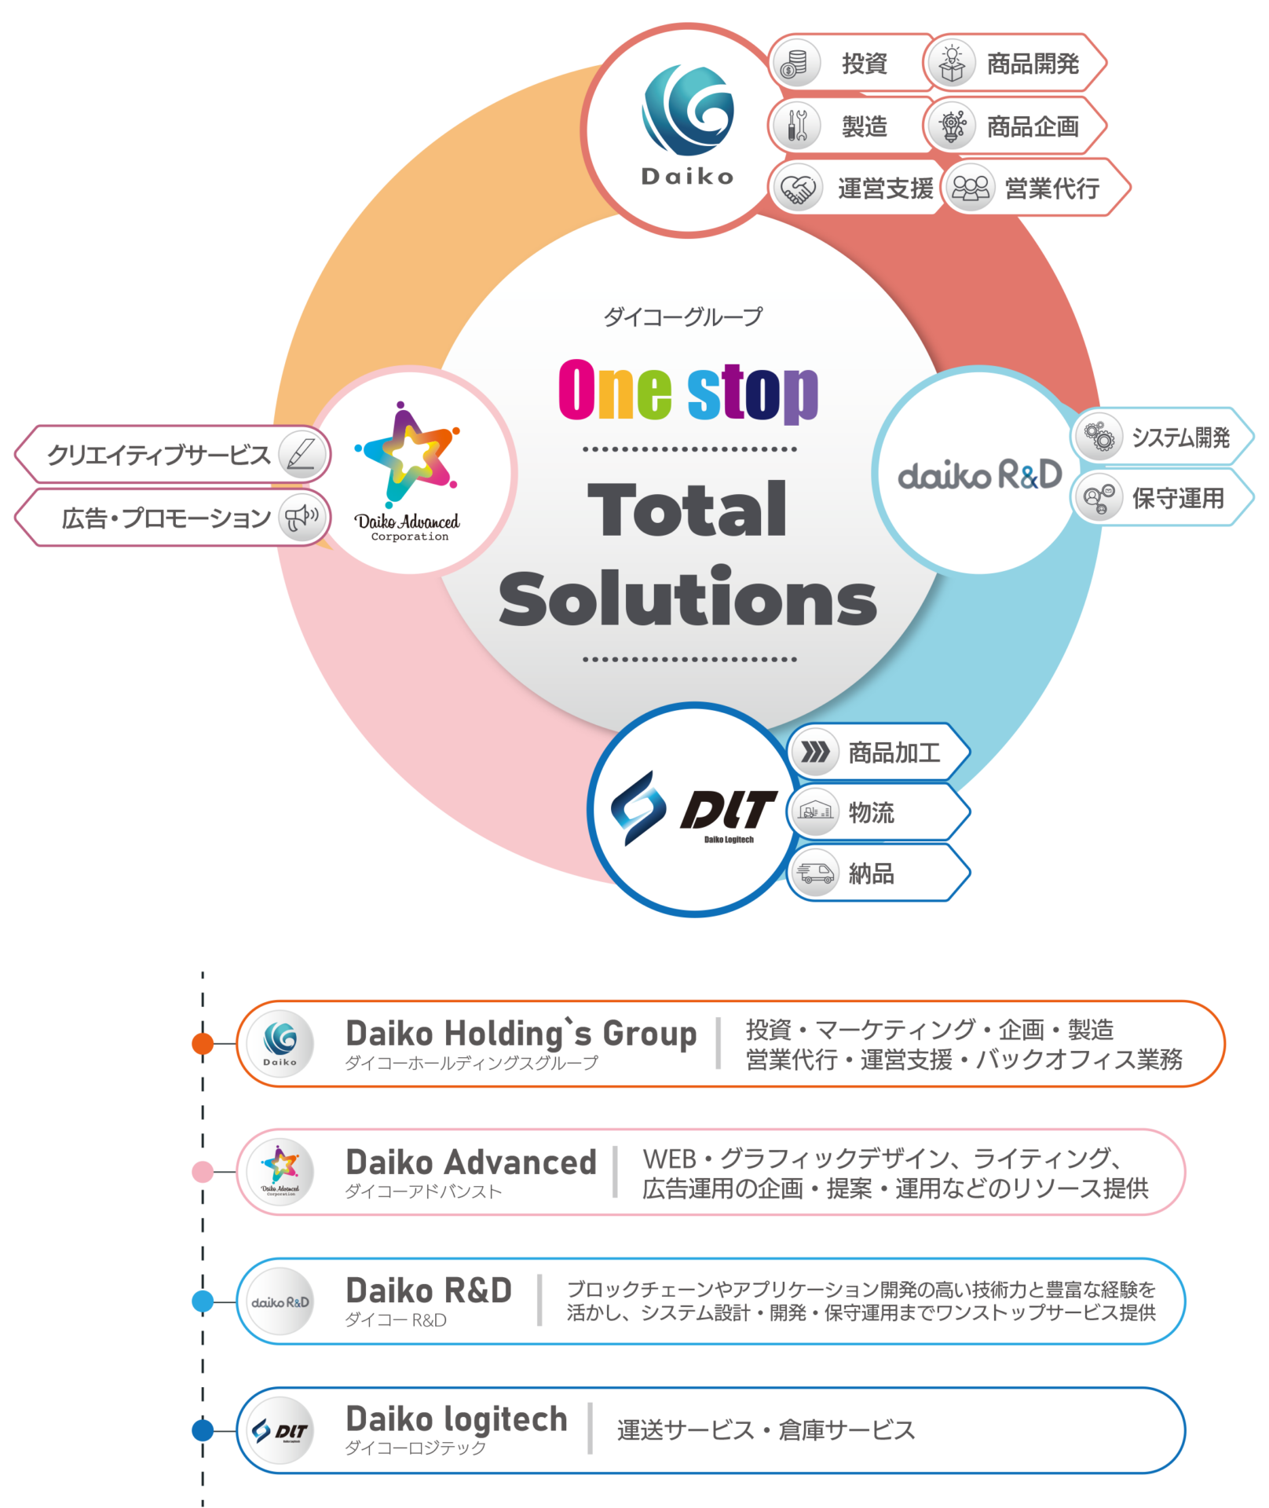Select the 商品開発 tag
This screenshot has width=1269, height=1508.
point(1015,63)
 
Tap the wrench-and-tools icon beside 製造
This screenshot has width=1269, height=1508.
point(797,126)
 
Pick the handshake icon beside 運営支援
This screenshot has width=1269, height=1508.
point(798,188)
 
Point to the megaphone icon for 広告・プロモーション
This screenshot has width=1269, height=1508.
point(302,518)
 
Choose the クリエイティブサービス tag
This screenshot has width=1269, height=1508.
point(173,454)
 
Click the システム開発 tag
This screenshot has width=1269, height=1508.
point(1162,437)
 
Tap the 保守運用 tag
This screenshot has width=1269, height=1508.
point(1162,497)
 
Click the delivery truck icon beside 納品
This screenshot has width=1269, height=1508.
point(814,873)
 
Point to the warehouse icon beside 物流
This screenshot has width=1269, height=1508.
point(814,812)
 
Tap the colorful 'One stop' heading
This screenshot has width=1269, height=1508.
point(688,390)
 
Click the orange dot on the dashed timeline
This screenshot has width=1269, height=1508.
point(203,1043)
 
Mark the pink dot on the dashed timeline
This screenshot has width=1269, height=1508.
point(203,1172)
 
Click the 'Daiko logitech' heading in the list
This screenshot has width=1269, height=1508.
point(456,1419)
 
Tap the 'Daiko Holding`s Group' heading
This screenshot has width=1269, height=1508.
point(521,1034)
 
